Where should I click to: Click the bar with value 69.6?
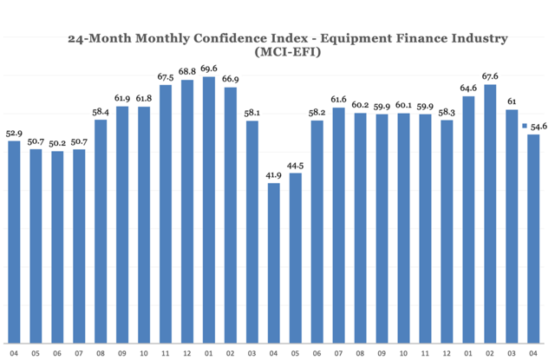208,208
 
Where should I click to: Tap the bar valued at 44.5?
295,257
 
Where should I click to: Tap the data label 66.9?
231,79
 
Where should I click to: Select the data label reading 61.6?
339,100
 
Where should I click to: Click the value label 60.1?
403,106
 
